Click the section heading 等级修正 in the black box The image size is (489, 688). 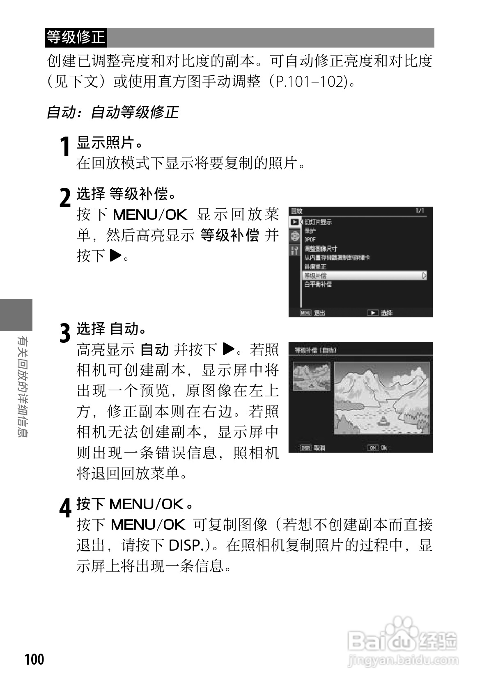[x=76, y=37]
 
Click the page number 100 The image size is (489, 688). [x=34, y=659]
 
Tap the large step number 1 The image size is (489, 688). [x=64, y=147]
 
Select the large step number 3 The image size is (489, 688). [x=65, y=333]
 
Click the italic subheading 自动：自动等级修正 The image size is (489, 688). [x=112, y=112]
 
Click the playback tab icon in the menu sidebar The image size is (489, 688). [x=294, y=222]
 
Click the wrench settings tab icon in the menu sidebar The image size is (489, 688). [x=294, y=251]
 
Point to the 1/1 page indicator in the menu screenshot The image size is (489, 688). [x=420, y=211]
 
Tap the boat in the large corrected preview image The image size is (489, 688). [x=383, y=420]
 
